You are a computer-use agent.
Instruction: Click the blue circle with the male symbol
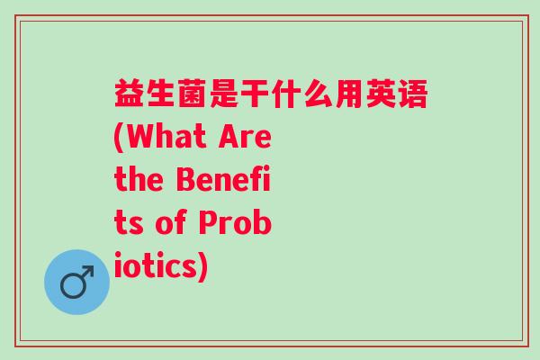(76, 282)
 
